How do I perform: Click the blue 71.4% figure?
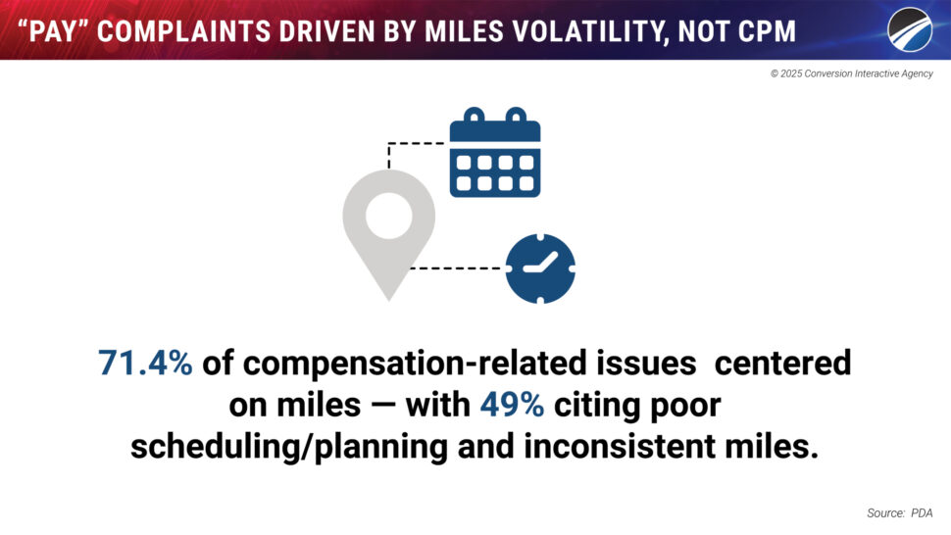point(145,363)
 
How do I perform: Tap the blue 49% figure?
point(512,405)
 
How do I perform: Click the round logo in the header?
point(910,29)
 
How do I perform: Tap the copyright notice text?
point(852,73)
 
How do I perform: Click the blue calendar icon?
point(495,152)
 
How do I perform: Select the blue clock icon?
point(540,268)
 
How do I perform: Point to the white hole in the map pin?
point(389,216)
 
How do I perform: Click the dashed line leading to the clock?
point(458,267)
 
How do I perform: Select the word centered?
point(783,363)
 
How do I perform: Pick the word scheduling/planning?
point(288,447)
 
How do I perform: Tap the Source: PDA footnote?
point(899,513)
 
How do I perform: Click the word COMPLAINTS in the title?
point(183,31)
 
